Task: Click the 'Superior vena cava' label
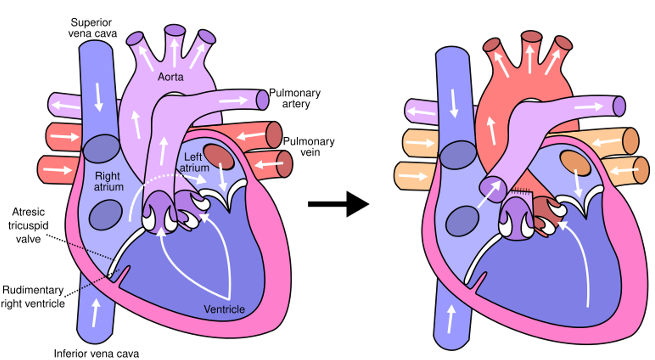pos(92,28)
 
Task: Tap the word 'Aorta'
pos(170,77)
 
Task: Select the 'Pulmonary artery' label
pos(295,98)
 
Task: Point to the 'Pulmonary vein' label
pos(309,147)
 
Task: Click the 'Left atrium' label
pos(194,162)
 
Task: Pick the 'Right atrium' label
pos(108,181)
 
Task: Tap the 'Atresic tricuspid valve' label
pos(28,226)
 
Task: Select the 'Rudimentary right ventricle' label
pos(33,297)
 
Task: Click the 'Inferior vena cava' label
pos(96,354)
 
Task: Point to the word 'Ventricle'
pos(224,309)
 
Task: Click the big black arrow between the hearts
pos(338,204)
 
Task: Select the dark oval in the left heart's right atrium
pos(105,215)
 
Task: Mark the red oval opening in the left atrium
pos(219,157)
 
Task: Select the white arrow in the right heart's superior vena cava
pos(453,103)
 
